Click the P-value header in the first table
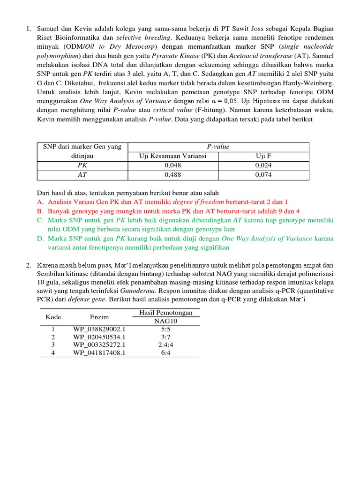[x=218, y=147]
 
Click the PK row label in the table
[x=82, y=165]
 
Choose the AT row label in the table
[x=82, y=175]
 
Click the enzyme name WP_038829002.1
[x=99, y=330]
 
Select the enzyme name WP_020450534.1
[x=99, y=337]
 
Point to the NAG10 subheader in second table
[x=166, y=321]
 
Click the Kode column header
[x=53, y=317]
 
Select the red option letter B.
[x=40, y=211]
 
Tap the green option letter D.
[x=40, y=239]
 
